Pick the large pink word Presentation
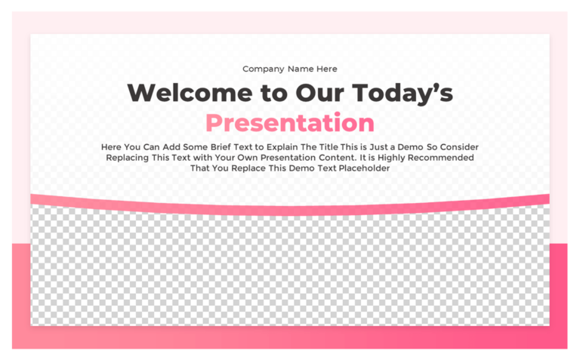tap(290, 122)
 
